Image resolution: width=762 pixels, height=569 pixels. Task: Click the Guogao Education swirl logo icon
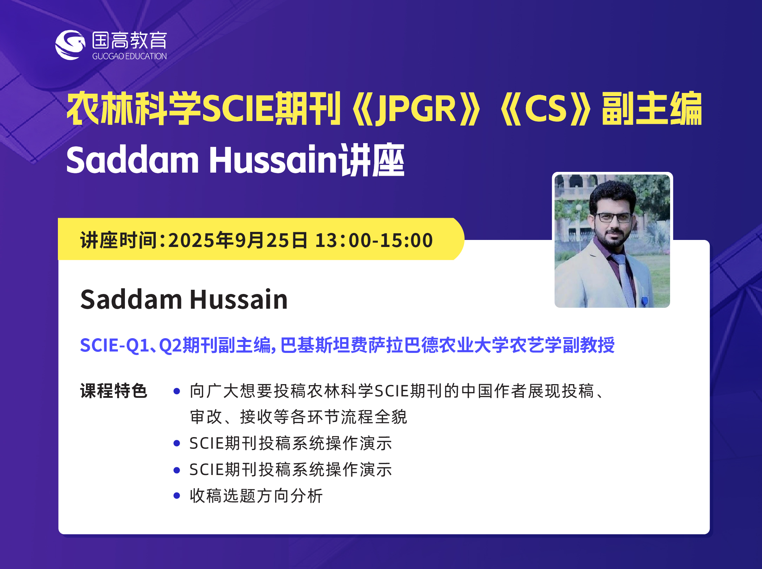click(x=70, y=45)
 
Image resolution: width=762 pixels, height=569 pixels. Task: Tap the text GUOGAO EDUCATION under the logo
click(x=129, y=56)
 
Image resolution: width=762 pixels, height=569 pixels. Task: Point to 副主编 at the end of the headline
click(x=652, y=108)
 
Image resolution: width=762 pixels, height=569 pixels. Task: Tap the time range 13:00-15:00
click(x=374, y=240)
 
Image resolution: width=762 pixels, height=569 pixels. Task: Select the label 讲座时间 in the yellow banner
click(x=118, y=240)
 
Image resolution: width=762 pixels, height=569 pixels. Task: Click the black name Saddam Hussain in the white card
click(x=184, y=300)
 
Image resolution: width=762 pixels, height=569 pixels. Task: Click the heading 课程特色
click(x=114, y=391)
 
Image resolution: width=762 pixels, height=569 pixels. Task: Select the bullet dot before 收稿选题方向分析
click(x=177, y=496)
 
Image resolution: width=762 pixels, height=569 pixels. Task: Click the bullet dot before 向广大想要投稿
click(x=177, y=391)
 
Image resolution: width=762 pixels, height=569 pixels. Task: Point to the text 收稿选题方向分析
click(x=256, y=496)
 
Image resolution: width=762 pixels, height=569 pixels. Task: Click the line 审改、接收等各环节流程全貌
click(x=299, y=417)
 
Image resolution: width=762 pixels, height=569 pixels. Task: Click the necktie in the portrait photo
click(x=624, y=281)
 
